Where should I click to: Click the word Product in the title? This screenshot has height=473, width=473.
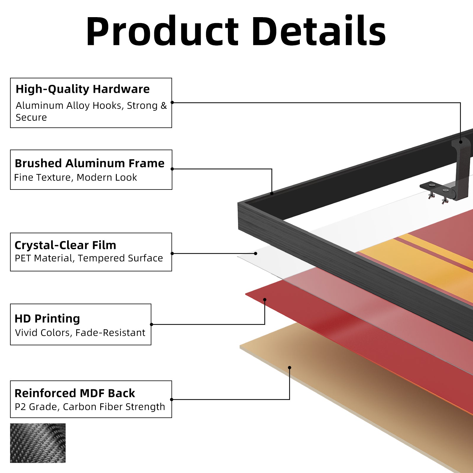click(x=162, y=31)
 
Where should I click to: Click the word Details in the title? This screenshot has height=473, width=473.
click(x=319, y=30)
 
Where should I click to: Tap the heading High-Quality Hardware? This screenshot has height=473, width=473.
click(x=82, y=89)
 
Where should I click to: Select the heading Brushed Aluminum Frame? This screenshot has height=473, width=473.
click(x=90, y=163)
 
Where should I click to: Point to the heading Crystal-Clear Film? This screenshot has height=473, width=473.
click(x=65, y=245)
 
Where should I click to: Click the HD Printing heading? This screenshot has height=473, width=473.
click(x=47, y=319)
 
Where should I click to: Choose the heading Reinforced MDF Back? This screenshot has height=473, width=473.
click(x=75, y=393)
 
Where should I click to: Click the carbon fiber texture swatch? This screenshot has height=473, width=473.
click(x=38, y=443)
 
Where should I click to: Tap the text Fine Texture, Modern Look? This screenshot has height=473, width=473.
click(x=76, y=177)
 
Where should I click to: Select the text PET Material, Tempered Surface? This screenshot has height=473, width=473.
click(x=89, y=258)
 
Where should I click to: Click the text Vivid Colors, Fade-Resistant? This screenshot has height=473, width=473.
click(x=80, y=333)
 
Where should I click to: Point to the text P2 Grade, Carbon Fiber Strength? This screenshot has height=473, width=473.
click(x=90, y=407)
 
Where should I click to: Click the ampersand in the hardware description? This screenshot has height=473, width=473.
click(x=163, y=106)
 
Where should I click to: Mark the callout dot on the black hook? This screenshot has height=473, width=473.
click(x=461, y=142)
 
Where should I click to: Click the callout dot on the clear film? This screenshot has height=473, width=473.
click(x=256, y=253)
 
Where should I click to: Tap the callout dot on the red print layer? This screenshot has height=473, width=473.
click(x=265, y=300)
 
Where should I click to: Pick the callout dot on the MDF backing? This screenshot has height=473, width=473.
click(x=289, y=368)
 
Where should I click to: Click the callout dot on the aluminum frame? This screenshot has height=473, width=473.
click(x=272, y=193)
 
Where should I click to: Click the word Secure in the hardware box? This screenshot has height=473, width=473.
click(x=31, y=118)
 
